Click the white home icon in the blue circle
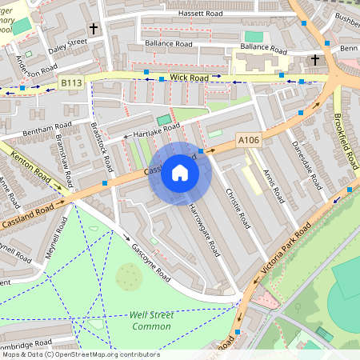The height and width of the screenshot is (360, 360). (180, 173)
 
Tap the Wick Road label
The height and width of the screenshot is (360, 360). (189, 78)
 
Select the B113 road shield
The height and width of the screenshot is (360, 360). (71, 82)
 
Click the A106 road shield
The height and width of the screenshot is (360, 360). (249, 140)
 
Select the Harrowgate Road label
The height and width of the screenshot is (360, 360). (205, 228)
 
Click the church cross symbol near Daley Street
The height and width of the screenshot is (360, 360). (93, 29)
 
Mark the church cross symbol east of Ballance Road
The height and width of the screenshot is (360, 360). (314, 60)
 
